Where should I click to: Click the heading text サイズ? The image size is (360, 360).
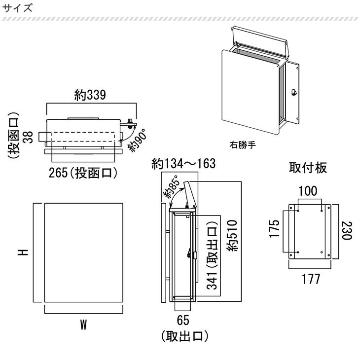[x=17, y=8]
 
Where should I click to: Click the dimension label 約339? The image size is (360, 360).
[x=91, y=95]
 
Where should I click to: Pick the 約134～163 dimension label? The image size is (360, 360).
[x=184, y=164]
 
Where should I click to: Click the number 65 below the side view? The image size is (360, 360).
[x=183, y=321]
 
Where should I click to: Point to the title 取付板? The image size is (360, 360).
[x=308, y=168]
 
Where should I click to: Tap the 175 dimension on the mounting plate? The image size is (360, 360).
[x=275, y=229]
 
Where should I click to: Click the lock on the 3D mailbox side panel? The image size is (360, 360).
[x=294, y=92]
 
